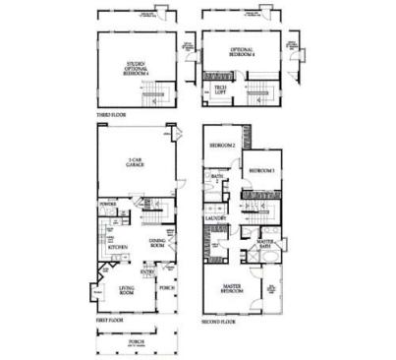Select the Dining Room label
[156, 242]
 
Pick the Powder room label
[108, 207]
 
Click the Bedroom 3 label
[260, 171]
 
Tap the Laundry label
[216, 218]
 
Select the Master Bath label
[265, 244]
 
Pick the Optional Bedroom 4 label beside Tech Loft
[242, 51]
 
